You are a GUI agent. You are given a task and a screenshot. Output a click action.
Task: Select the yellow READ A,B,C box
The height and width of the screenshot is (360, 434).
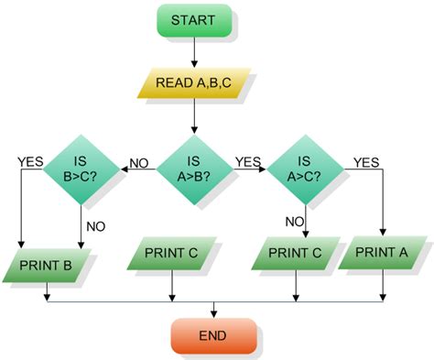[x=193, y=83]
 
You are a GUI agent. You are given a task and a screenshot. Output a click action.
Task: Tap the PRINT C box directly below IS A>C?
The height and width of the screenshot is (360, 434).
[x=295, y=253]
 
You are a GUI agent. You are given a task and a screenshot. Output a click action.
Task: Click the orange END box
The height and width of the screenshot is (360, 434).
[x=213, y=335]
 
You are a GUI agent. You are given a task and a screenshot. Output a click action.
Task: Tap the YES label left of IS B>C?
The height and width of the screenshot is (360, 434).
[x=30, y=162]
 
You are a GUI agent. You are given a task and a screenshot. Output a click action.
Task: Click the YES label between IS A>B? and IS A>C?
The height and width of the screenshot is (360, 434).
[x=248, y=162]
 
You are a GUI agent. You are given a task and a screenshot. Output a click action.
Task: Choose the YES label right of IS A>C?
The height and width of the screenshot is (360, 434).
[x=365, y=162]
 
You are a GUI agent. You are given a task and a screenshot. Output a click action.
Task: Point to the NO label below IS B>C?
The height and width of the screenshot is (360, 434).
[x=96, y=224]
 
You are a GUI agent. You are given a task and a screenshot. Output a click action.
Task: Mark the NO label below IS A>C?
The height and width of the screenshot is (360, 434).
[x=294, y=221]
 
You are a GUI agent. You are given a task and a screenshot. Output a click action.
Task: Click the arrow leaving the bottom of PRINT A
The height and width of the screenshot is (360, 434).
[x=384, y=285]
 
